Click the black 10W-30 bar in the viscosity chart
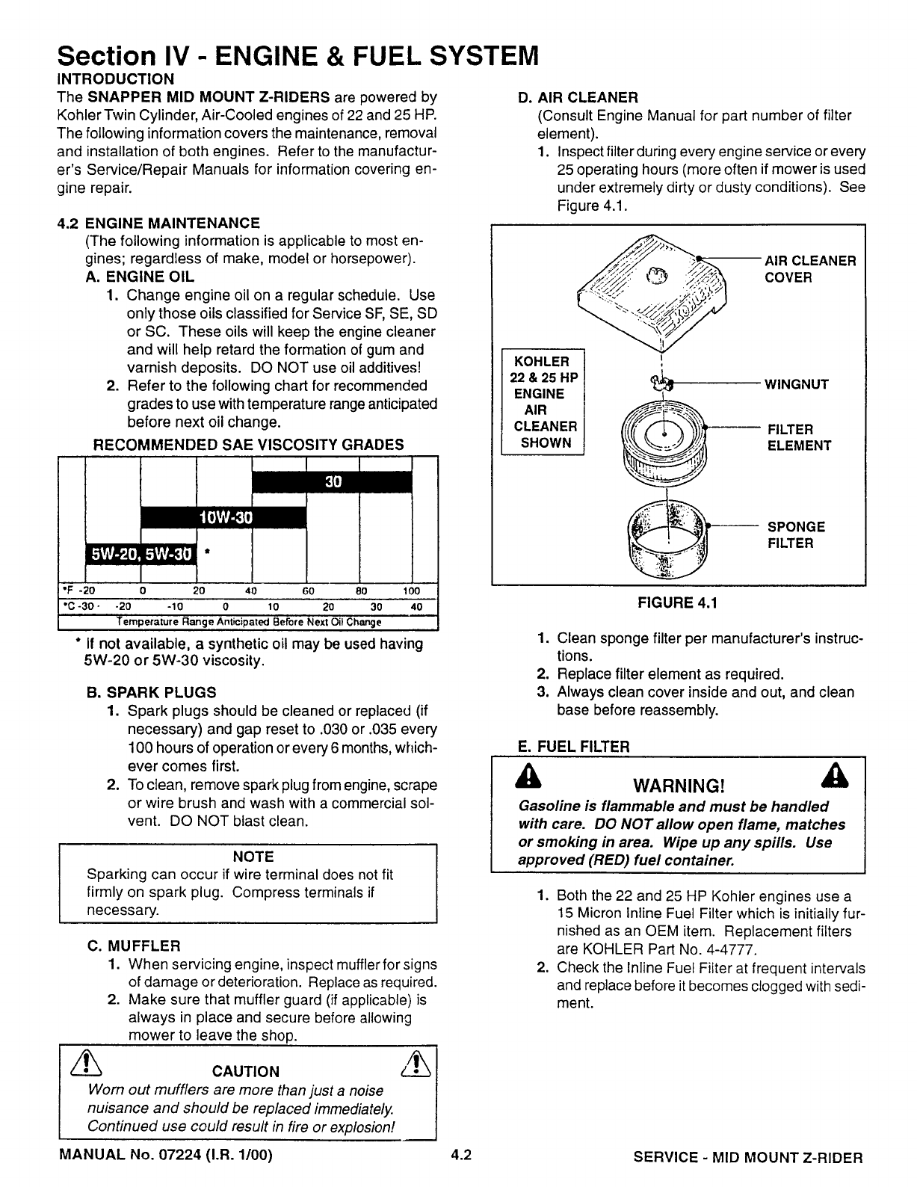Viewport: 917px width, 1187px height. [x=224, y=517]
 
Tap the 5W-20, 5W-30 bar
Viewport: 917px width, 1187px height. [x=141, y=553]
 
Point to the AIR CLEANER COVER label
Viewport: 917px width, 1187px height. [x=809, y=269]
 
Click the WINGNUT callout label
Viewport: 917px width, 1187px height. [x=796, y=385]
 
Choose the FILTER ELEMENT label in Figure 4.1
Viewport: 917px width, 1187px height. [x=799, y=437]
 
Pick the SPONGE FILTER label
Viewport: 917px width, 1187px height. [x=796, y=535]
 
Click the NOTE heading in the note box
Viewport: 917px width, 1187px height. [x=253, y=857]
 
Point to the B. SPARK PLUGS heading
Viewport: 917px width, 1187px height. [x=152, y=692]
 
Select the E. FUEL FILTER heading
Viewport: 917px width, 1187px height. [x=574, y=746]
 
